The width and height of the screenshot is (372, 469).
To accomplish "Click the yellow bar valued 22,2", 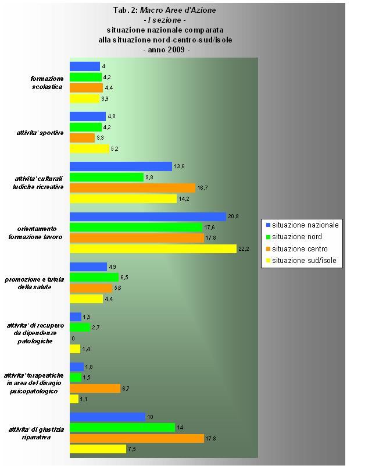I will (x=153, y=248).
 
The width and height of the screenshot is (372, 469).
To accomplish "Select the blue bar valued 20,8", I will (x=148, y=216).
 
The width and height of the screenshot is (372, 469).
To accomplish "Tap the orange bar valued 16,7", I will (x=133, y=188).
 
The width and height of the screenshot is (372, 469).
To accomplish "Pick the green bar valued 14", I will (x=122, y=427).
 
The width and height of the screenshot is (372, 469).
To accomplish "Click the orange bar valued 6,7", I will (x=95, y=388).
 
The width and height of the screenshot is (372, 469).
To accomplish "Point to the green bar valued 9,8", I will (x=106, y=177).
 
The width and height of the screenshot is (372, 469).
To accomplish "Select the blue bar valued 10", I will (x=107, y=417).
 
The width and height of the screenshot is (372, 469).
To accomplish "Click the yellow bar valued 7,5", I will (x=98, y=449).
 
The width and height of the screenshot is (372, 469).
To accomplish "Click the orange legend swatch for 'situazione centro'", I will (x=268, y=249).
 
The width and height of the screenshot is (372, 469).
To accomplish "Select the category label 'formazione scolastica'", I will (x=46, y=83).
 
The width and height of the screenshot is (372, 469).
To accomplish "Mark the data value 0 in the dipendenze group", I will (x=73, y=338).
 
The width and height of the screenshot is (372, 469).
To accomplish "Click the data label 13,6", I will (x=179, y=166).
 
